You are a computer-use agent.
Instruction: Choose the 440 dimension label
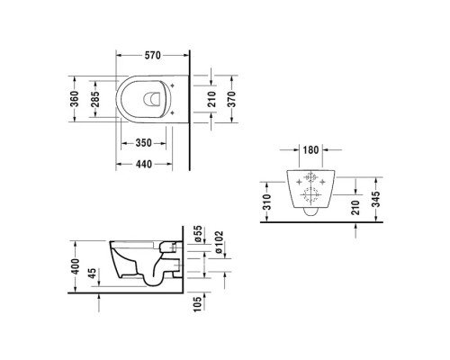139,163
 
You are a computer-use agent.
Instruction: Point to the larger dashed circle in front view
310,197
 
